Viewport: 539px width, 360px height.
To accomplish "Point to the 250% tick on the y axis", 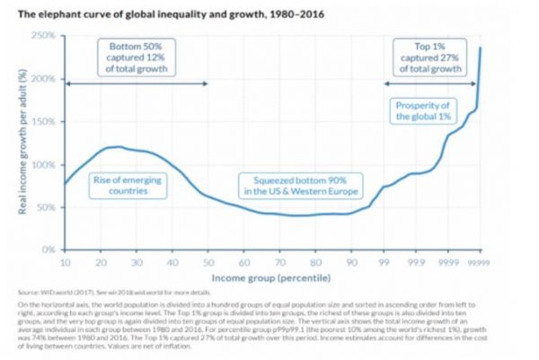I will tap(46, 35).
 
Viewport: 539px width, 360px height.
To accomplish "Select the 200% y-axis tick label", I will tap(46, 78).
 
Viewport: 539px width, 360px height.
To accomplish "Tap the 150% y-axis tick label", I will tap(46, 121).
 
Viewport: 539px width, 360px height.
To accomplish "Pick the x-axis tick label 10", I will tap(66, 261).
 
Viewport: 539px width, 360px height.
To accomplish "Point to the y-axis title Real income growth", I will tap(19, 143).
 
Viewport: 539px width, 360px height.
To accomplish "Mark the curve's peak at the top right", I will tap(481, 48).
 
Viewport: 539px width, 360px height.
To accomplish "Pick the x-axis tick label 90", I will tap(347, 261).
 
